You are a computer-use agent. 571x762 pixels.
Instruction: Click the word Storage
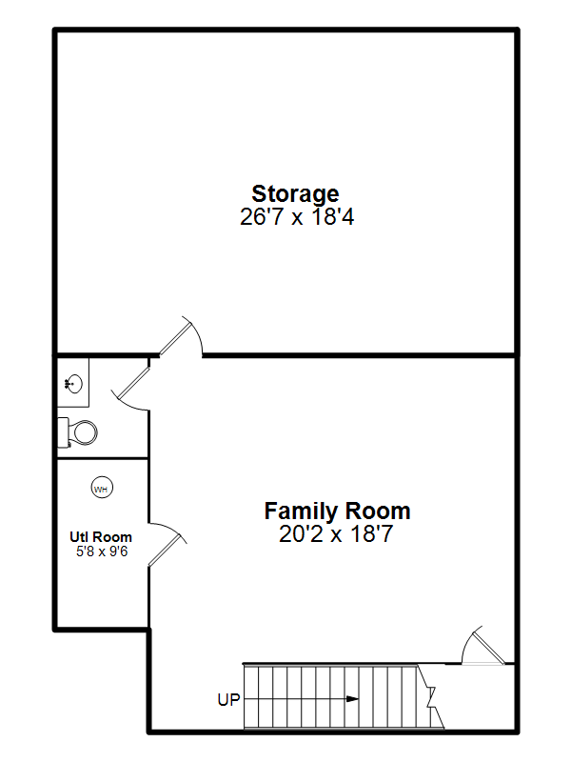coord(295,195)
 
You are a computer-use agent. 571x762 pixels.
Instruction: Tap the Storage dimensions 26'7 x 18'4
coord(297,217)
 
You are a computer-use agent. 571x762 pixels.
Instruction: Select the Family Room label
coord(337,511)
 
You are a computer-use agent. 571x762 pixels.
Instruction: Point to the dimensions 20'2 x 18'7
coord(336,534)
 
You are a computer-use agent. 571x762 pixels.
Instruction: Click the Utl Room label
coord(101,537)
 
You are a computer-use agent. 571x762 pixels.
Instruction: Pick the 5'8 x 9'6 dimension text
coord(102,551)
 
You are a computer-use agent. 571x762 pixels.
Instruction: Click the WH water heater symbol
coord(102,488)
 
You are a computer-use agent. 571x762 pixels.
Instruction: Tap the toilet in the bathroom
coord(78,431)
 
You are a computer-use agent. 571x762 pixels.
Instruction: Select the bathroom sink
coord(73,384)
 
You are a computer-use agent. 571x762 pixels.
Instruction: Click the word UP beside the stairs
coord(229,700)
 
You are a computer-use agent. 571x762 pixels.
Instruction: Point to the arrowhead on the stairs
coord(352,699)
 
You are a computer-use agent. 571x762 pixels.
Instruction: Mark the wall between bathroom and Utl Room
coord(103,458)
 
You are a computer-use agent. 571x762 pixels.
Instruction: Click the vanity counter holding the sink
coord(73,383)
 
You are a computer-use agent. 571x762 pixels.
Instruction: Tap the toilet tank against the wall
coord(63,432)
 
